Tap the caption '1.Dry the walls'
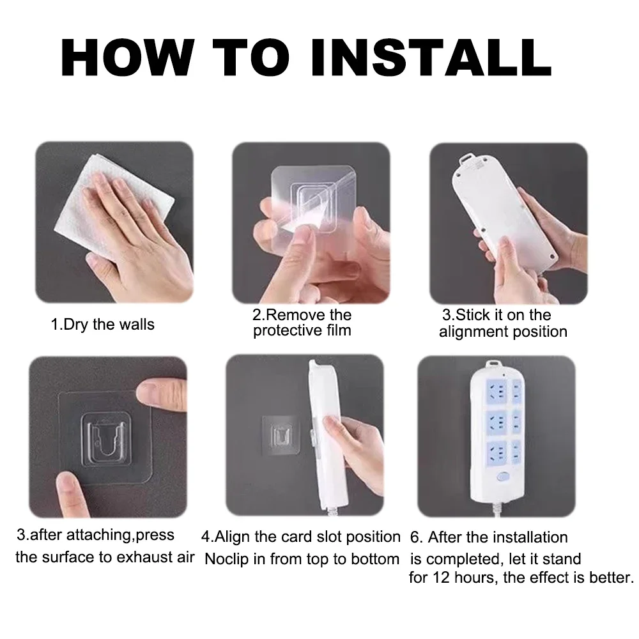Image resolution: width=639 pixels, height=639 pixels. (x=103, y=325)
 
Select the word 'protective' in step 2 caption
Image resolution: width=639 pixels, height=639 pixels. (x=285, y=331)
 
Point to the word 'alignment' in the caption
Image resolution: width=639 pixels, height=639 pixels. (x=473, y=332)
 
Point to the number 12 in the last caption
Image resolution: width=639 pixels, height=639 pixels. (x=441, y=578)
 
